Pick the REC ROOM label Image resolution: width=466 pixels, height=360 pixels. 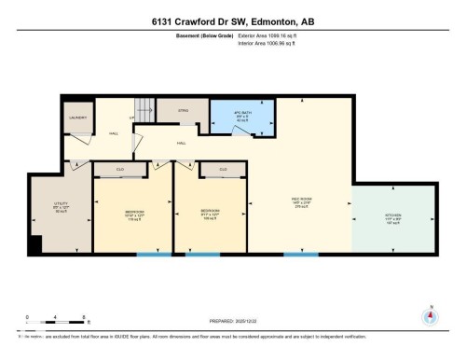(300, 202)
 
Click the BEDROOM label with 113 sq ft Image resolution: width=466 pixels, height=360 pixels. (134, 214)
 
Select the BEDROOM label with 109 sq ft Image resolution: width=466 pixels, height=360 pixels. (209, 214)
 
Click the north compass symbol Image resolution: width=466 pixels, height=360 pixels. (430, 316)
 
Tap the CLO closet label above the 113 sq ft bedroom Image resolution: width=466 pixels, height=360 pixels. (120, 170)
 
